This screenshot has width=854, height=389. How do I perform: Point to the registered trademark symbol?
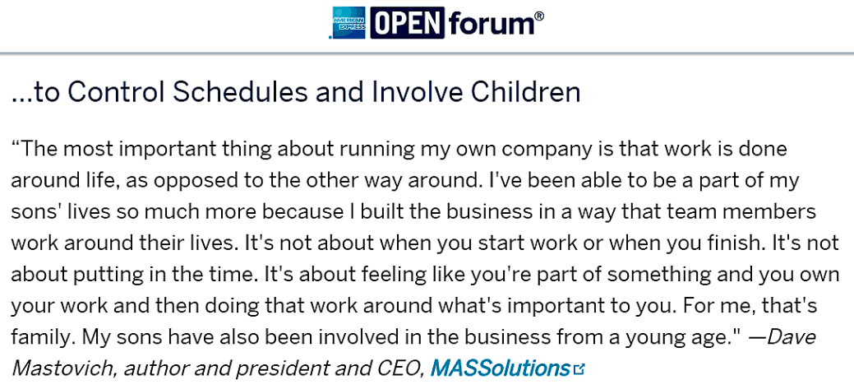coord(538,16)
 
